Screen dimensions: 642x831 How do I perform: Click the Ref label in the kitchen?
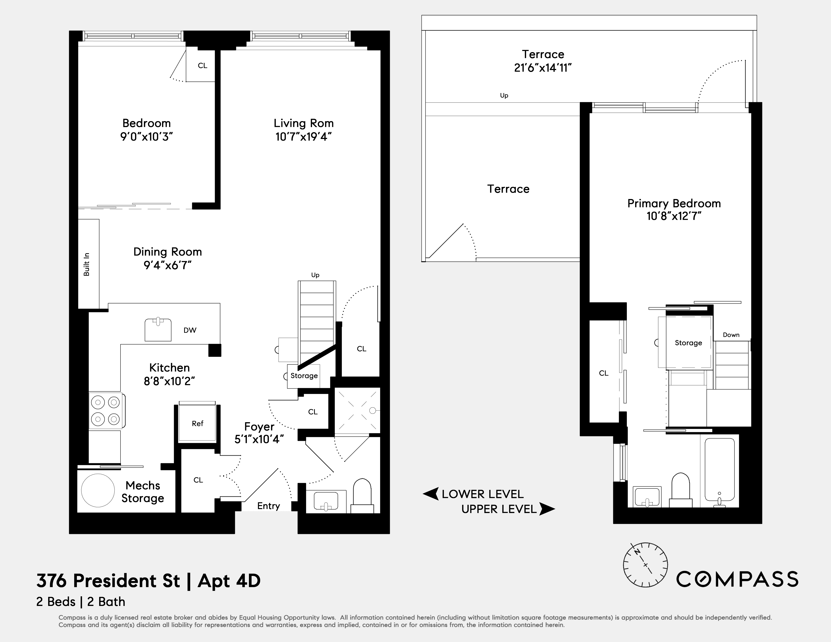(198, 423)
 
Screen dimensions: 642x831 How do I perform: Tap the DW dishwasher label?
(190, 330)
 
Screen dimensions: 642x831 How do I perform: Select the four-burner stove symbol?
(106, 411)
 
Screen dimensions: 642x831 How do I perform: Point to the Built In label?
(87, 264)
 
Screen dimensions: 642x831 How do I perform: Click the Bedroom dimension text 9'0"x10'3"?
(147, 137)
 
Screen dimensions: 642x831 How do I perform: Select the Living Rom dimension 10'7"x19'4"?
(303, 137)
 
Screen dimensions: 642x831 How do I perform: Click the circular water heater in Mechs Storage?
(98, 491)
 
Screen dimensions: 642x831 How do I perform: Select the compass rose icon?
(645, 565)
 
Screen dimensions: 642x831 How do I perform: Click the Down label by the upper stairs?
(731, 335)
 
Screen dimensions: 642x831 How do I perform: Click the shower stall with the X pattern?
(357, 411)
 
